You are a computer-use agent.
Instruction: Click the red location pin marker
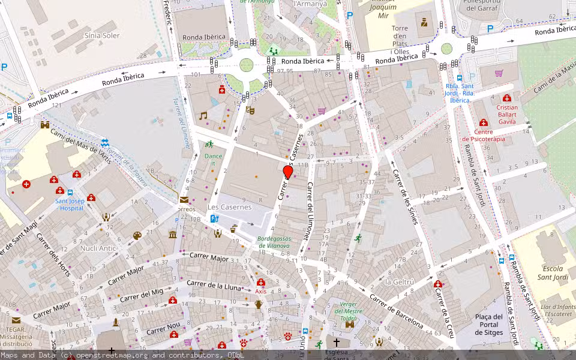[x=288, y=172]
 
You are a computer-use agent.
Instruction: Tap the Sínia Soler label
[x=102, y=35]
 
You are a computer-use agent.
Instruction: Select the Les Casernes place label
[x=229, y=207]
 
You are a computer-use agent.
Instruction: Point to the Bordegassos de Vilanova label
[x=274, y=242]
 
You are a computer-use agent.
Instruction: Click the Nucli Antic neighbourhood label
[x=98, y=248]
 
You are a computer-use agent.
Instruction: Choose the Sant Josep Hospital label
[x=69, y=205]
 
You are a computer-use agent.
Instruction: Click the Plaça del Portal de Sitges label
[x=488, y=325]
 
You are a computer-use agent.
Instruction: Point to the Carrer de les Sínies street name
[x=405, y=197]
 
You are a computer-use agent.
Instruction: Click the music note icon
[x=203, y=116]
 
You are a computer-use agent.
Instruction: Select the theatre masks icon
[x=250, y=110]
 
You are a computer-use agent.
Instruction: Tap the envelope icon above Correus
[x=184, y=200]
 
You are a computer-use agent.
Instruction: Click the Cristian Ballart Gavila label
[x=507, y=114]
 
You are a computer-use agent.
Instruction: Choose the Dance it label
[x=213, y=159]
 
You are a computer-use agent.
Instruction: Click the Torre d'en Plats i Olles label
[x=400, y=40]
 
